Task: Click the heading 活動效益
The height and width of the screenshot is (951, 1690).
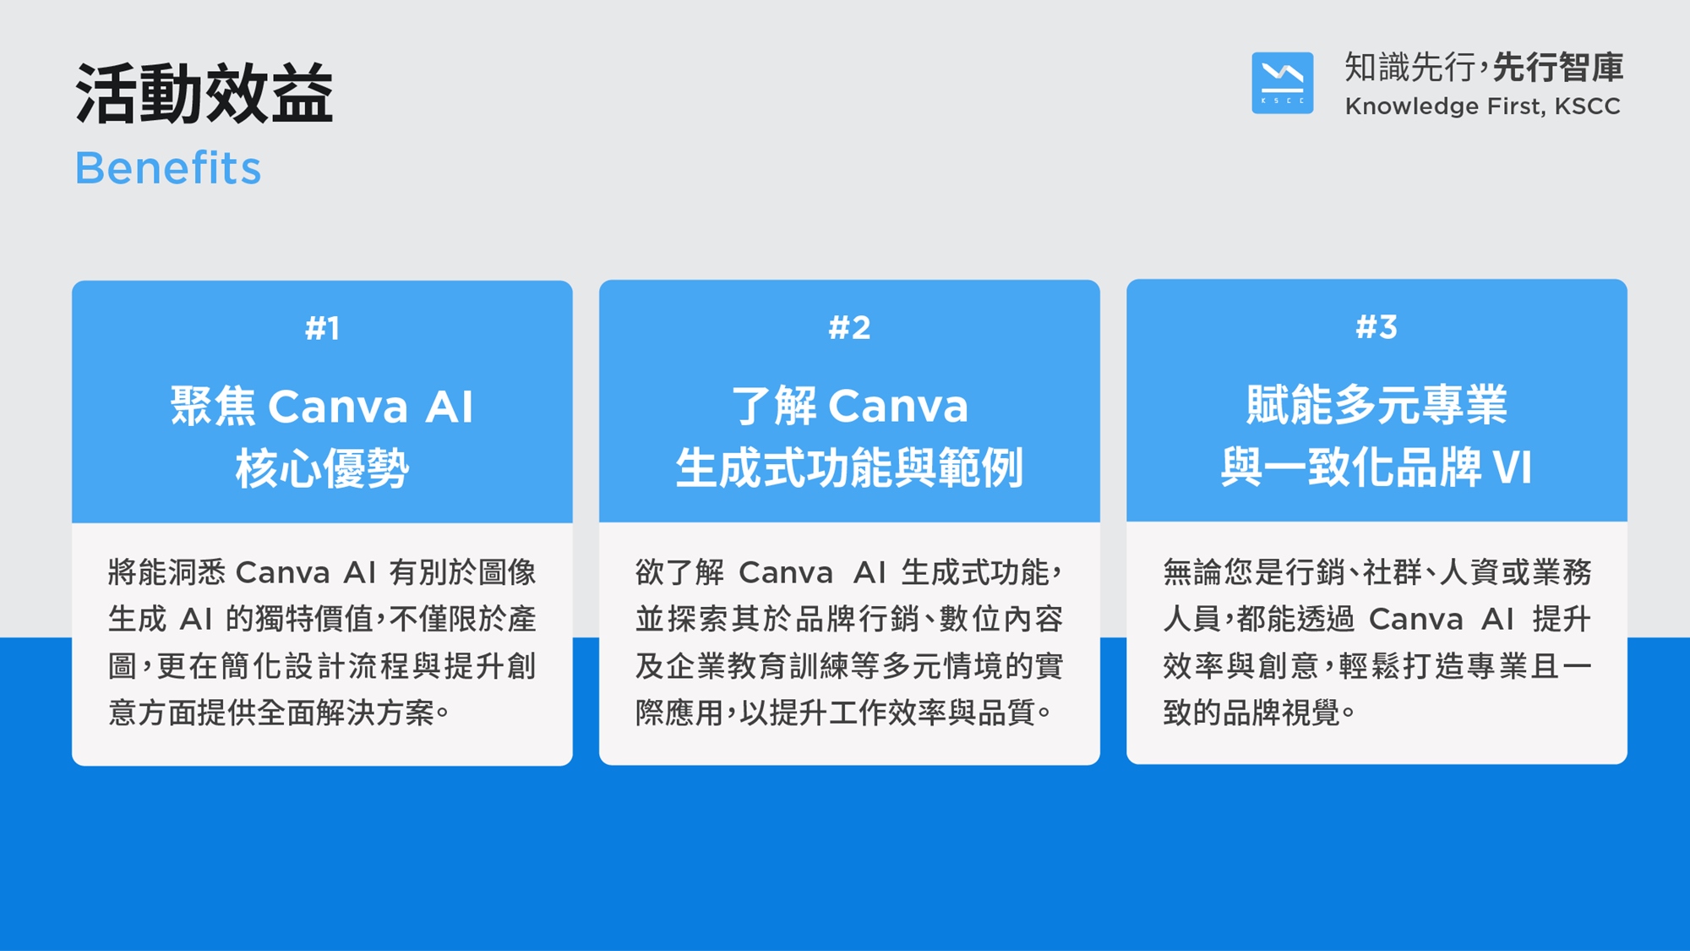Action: [204, 94]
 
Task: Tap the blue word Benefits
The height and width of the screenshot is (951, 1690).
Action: [168, 167]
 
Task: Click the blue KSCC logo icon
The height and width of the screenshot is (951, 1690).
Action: [1282, 83]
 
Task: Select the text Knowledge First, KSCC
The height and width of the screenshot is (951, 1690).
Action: [1483, 107]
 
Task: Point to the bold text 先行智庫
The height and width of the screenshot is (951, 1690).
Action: [1558, 68]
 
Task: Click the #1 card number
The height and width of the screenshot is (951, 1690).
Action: [322, 328]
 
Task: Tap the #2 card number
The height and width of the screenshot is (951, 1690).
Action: [849, 327]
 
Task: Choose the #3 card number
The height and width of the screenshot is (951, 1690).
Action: [1377, 326]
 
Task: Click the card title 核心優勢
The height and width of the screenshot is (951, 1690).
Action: [322, 468]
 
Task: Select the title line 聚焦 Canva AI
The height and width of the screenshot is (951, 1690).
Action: [322, 406]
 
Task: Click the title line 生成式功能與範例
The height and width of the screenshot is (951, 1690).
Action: [849, 467]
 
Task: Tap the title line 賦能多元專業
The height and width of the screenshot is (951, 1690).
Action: [1377, 404]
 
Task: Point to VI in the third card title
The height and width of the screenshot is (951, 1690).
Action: [1512, 467]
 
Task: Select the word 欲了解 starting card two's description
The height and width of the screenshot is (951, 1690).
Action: [680, 572]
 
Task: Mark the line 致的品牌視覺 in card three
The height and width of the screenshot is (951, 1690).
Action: [1251, 713]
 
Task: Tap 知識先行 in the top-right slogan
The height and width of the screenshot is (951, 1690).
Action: [1410, 68]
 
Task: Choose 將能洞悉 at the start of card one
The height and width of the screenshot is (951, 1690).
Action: [166, 572]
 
